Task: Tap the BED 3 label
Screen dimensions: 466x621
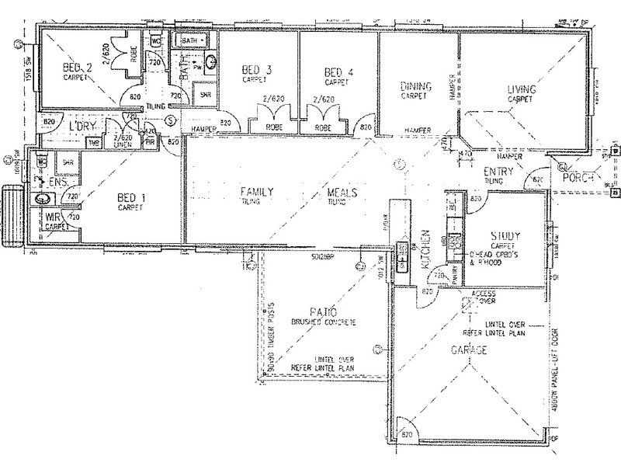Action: tap(257, 70)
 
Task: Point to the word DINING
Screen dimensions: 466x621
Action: tap(415, 87)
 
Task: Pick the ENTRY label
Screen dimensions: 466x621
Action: tap(496, 171)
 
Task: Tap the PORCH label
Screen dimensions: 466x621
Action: tap(579, 178)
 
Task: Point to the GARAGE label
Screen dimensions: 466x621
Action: tap(469, 351)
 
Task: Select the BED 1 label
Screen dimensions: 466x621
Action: tap(130, 198)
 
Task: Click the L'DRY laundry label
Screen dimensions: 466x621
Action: tap(82, 126)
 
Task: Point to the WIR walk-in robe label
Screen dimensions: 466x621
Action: tap(52, 218)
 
